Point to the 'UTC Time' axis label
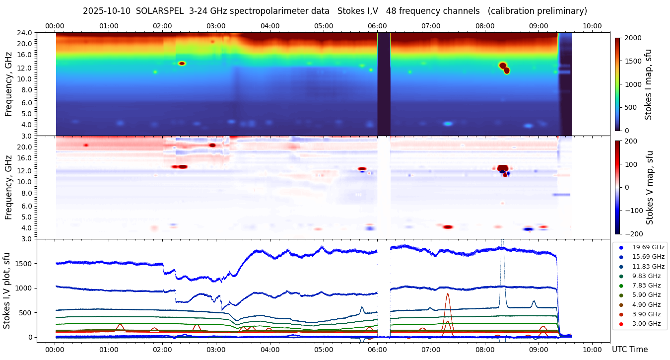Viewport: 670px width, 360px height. click(x=630, y=349)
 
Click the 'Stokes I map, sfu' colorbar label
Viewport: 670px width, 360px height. click(x=648, y=84)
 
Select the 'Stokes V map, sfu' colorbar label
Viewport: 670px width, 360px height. click(x=649, y=187)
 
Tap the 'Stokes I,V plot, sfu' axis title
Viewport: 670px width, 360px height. click(x=7, y=290)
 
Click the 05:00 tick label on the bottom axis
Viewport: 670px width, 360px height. click(x=324, y=349)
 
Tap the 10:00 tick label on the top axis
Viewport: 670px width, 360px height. click(x=592, y=26)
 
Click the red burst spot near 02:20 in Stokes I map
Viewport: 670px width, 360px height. click(x=182, y=64)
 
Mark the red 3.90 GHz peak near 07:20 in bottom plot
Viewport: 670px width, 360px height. click(x=448, y=294)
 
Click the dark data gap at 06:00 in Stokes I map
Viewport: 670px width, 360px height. click(x=384, y=84)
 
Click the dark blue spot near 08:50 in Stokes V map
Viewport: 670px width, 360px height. click(x=528, y=229)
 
